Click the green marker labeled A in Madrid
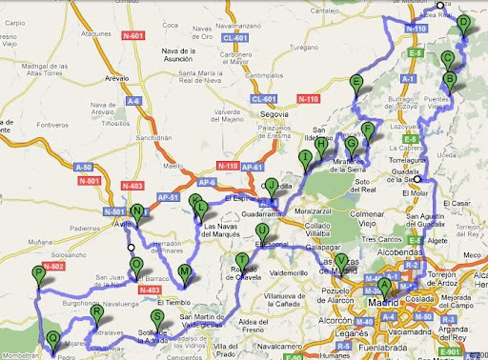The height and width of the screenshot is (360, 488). [x=384, y=285]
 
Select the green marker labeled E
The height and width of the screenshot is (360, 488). [x=356, y=83]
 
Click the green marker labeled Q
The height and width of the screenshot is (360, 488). [x=51, y=339]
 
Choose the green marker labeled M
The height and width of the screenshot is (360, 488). [x=185, y=273]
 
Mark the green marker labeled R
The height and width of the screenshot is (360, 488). [x=96, y=313]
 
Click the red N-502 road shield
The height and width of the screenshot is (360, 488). [x=51, y=267]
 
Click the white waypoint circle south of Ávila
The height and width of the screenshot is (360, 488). [x=131, y=249]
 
